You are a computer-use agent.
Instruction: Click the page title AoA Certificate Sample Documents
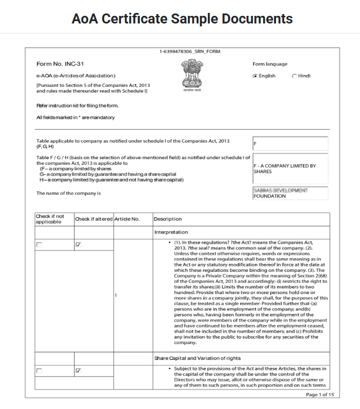(181, 19)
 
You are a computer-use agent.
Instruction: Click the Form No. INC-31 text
(55, 63)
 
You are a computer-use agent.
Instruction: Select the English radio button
(255, 76)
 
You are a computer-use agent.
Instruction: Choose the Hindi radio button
(294, 76)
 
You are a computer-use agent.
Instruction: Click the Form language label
(270, 64)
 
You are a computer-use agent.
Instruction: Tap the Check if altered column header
(93, 219)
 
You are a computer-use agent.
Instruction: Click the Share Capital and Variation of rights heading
(197, 357)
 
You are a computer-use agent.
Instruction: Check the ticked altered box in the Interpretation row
(78, 244)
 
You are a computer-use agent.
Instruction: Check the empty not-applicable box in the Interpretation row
(39, 244)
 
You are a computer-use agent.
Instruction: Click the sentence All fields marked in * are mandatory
(75, 117)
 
